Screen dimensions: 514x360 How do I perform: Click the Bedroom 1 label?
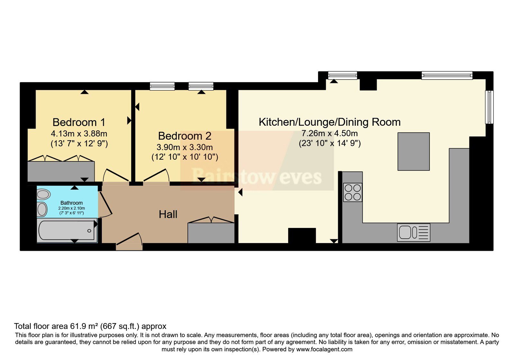tap(79, 122)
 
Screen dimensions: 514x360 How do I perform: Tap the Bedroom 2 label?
tap(185, 136)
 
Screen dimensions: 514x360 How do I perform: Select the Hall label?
tap(168, 214)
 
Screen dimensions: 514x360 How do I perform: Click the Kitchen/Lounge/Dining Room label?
tap(330, 122)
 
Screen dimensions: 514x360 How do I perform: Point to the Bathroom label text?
tap(72, 203)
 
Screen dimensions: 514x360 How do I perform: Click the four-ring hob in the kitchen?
tap(352, 193)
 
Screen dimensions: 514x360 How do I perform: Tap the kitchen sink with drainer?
tap(413, 232)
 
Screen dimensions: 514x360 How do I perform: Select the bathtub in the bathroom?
tap(67, 230)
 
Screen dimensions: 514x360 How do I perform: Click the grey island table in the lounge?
tap(413, 151)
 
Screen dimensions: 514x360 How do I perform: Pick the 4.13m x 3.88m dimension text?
tap(79, 133)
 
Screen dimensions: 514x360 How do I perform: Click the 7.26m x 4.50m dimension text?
tap(330, 133)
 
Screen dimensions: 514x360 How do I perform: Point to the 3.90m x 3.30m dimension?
tap(185, 147)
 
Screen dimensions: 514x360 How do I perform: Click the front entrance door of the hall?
tap(129, 241)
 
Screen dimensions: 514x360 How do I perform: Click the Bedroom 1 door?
tap(116, 175)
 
